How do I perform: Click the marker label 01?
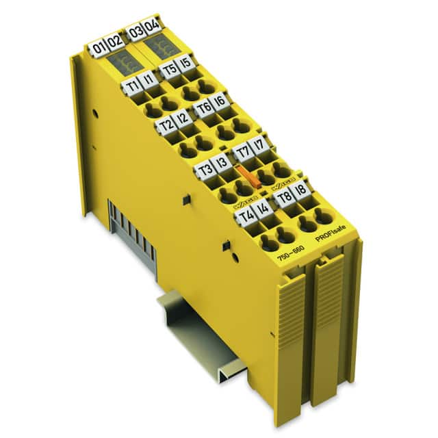(101, 48)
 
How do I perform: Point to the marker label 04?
(152, 28)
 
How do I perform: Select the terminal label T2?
(165, 125)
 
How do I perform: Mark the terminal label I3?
(220, 164)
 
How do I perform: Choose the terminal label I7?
(258, 145)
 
